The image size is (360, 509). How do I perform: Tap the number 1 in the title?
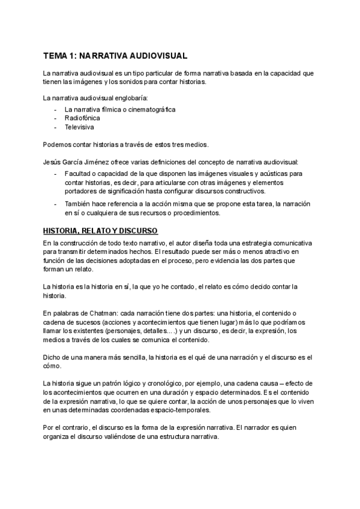point(75,56)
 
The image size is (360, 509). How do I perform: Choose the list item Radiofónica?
point(82,118)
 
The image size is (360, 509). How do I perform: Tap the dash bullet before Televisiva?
point(55,127)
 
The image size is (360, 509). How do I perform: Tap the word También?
point(77,204)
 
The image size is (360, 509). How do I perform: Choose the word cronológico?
point(166,383)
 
